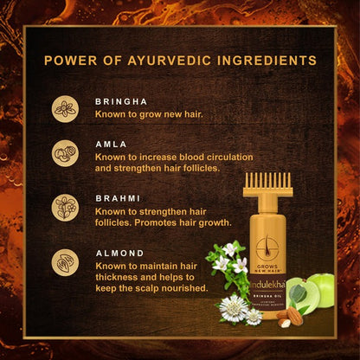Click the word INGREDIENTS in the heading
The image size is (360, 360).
(x=260, y=61)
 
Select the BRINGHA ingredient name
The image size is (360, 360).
(x=119, y=101)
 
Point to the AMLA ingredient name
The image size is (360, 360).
(x=109, y=144)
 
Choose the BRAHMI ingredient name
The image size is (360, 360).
(x=115, y=197)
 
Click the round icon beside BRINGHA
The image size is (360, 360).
(x=65, y=108)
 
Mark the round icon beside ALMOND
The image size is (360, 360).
(x=65, y=262)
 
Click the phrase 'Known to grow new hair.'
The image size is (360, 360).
(x=144, y=113)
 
